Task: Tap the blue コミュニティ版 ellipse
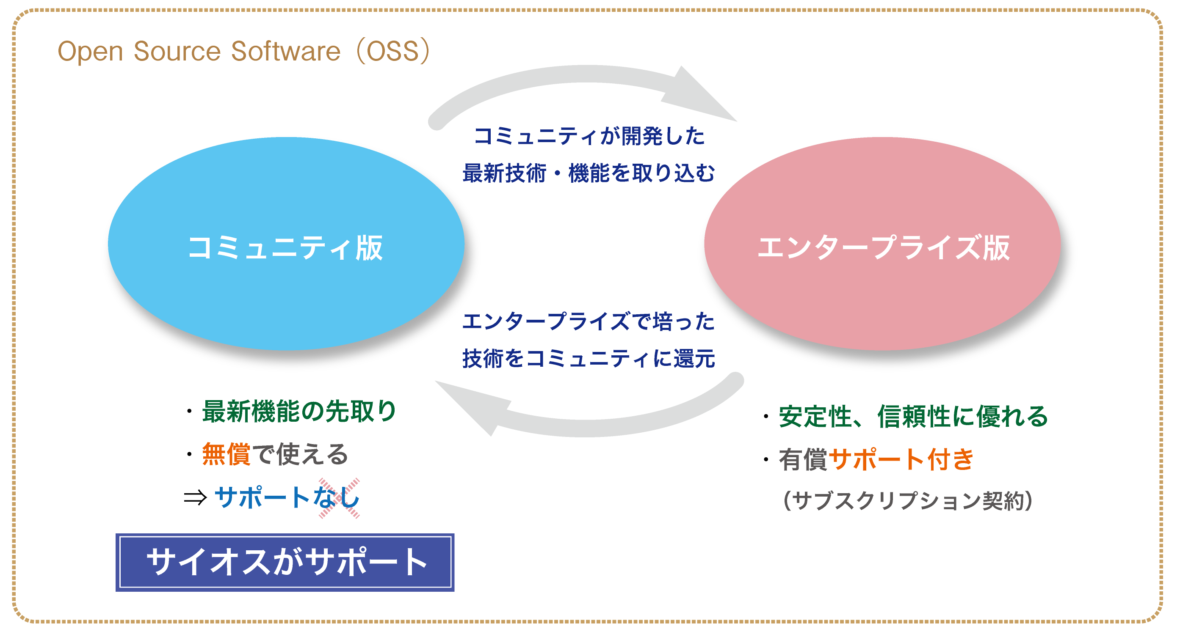286,244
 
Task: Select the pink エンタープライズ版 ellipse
882,244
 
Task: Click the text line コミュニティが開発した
589,136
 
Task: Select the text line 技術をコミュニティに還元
589,358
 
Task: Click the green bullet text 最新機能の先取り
299,411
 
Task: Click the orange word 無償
226,454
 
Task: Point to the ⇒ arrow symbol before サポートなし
195,497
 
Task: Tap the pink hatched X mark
339,498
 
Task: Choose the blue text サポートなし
287,497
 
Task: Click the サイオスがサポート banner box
285,562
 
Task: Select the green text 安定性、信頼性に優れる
913,417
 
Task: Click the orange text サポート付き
901,459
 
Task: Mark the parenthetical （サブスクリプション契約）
908,501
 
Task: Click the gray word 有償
804,459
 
